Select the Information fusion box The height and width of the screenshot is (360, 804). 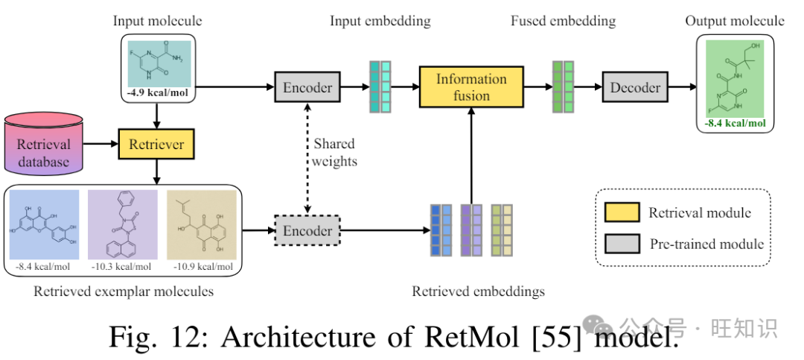tap(472, 87)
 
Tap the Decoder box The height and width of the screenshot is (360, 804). tap(635, 88)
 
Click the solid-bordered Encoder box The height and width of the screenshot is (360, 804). tap(307, 88)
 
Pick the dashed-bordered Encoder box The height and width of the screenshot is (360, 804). tap(307, 230)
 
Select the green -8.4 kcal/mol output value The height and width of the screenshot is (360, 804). tap(735, 123)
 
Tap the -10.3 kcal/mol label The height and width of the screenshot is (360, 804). tap(123, 267)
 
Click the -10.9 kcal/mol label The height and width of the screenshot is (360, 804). tap(201, 267)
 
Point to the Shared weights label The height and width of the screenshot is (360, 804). tap(334, 151)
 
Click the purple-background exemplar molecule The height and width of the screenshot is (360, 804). tap(123, 224)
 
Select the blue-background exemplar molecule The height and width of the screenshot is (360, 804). tap(44, 224)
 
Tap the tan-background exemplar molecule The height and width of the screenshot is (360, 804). tap(201, 224)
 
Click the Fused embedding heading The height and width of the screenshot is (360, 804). tap(563, 21)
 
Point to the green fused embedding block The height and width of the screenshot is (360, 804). tap(563, 87)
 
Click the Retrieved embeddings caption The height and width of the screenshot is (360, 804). tap(478, 291)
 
